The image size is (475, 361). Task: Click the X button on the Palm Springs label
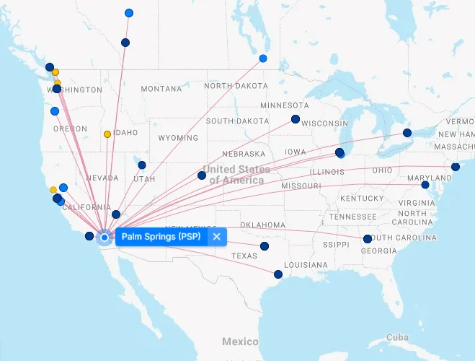coord(216,237)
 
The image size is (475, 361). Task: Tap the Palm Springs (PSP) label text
coord(161,237)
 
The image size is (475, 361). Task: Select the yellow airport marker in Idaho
coord(107,134)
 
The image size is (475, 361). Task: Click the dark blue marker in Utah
coord(142,165)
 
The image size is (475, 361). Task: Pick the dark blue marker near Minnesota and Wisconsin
coord(295,119)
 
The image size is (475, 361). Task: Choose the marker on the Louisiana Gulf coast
coord(278,274)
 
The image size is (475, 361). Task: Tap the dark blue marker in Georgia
coord(368,239)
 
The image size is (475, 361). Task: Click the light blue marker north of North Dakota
coord(263,58)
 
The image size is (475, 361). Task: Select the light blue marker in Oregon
coord(55,111)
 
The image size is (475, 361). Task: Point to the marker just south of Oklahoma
coord(264,246)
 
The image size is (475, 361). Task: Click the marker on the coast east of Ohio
coord(456,167)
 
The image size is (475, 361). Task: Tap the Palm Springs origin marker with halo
coord(105,237)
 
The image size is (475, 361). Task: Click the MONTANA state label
coord(161,89)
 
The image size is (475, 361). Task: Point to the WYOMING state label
coord(177,138)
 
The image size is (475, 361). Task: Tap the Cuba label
coord(397,338)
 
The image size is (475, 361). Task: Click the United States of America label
coord(236,175)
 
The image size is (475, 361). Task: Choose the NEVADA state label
coord(102,178)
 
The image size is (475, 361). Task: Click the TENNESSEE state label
coord(353,217)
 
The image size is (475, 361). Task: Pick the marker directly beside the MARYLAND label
coord(425,185)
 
